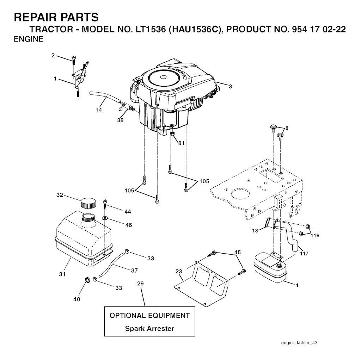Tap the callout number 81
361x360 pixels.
(181, 143)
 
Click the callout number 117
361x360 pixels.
(304, 254)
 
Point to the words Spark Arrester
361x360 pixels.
(149, 329)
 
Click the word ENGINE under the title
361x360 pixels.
(29, 39)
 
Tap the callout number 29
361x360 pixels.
(140, 284)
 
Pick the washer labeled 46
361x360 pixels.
(105, 217)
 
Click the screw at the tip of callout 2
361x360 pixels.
(74, 59)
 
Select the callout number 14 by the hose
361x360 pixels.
(99, 110)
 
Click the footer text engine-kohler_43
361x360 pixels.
(299, 343)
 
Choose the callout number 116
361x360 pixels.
(315, 235)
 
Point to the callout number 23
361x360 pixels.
(179, 272)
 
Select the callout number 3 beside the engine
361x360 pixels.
(230, 87)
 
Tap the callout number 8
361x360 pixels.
(287, 128)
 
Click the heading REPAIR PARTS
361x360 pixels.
(56, 18)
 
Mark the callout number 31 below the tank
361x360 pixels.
(62, 274)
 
